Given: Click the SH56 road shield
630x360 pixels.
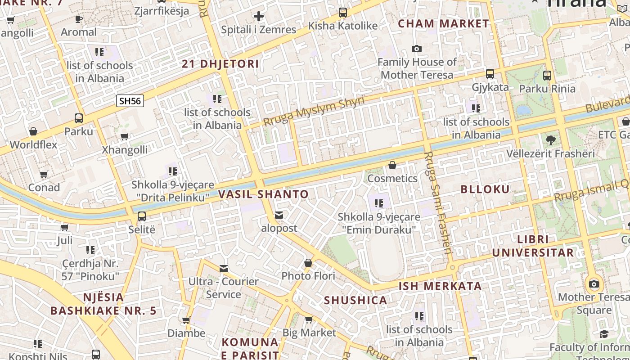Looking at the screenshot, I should pos(130,101).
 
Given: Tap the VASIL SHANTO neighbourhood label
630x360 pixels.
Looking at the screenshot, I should pos(263,194).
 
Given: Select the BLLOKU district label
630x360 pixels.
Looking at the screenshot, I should pos(485,189).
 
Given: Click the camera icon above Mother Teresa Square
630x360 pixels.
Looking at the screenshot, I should pos(594,284).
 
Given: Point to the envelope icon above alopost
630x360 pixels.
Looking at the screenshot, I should pos(279,215).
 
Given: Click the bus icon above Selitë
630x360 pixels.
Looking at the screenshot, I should pos(142,216).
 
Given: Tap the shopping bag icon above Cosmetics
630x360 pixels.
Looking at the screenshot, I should pos(392,166).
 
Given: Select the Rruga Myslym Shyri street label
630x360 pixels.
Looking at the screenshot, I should pos(314,111).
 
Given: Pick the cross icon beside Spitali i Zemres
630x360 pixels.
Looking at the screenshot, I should pos(258,17).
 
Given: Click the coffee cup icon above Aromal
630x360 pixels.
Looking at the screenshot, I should pos(79,19).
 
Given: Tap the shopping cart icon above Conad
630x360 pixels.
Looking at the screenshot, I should pos(44,174).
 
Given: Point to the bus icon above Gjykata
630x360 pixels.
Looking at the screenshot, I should pos(490,74).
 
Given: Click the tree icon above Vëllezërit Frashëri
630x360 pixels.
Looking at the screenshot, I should pos(550,140).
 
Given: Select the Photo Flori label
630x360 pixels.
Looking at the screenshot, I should pos(308,276).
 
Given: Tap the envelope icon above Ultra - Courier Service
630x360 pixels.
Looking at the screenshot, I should pos(224,269).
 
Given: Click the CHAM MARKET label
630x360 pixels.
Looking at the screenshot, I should pos(443,24).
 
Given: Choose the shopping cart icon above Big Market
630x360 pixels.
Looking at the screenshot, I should pos(309,320).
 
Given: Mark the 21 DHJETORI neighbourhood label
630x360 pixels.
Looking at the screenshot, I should pos(220,64).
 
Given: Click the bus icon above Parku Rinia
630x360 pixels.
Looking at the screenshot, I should pos(547,76).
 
